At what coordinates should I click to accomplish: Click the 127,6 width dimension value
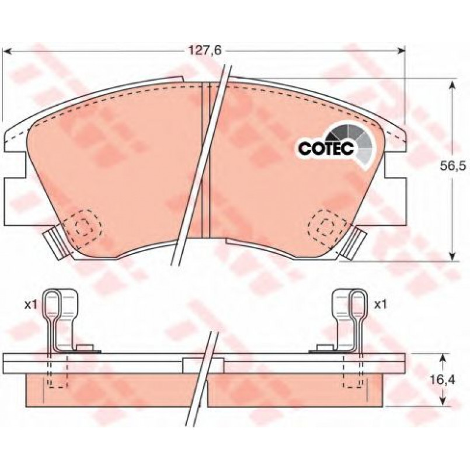coord(204,50)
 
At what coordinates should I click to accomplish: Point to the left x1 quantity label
coord(30,305)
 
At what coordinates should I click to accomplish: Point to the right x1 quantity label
coord(380,305)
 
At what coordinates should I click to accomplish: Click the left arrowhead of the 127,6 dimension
coord(8,51)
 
